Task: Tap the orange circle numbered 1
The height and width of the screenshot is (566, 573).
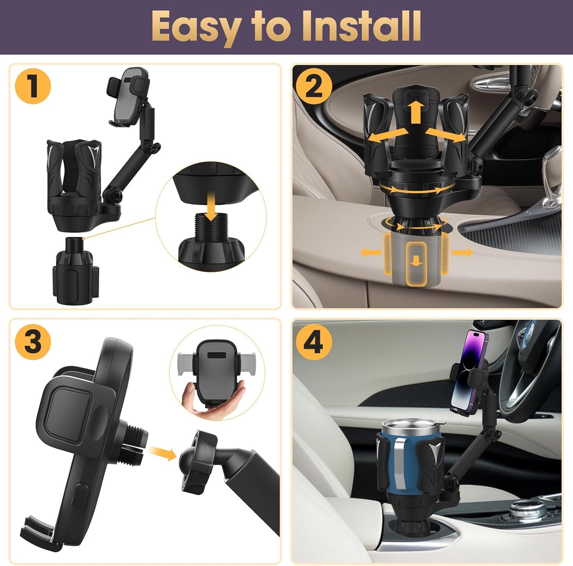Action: pyautogui.click(x=33, y=86)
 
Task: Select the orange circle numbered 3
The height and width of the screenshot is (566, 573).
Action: pyautogui.click(x=33, y=341)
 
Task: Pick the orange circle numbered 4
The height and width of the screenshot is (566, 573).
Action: pyautogui.click(x=313, y=341)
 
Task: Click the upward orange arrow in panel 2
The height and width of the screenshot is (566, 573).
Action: pyautogui.click(x=415, y=111)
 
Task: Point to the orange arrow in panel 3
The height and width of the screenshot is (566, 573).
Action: pyautogui.click(x=163, y=454)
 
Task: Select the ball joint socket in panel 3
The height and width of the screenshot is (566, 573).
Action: pyautogui.click(x=198, y=461)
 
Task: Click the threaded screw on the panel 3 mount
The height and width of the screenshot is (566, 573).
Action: pyautogui.click(x=135, y=440)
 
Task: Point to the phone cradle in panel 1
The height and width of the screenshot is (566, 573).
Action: pyautogui.click(x=128, y=97)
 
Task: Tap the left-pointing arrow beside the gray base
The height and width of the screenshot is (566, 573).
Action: pyautogui.click(x=370, y=252)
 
